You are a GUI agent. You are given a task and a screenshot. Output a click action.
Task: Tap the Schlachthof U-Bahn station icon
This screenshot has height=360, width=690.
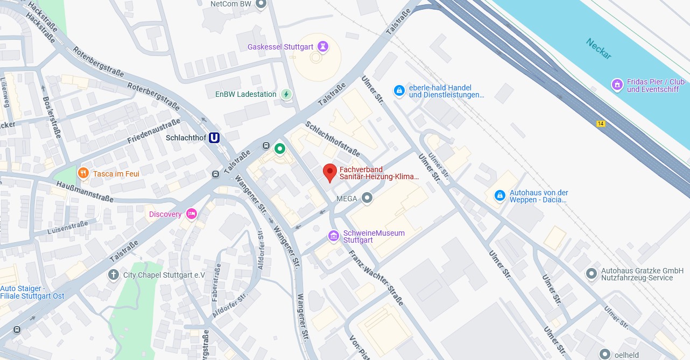click(x=214, y=138)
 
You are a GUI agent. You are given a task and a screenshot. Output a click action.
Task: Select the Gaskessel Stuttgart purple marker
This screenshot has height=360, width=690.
click(x=322, y=47)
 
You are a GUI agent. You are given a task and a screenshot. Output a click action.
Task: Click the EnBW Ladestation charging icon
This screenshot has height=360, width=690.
click(x=286, y=94)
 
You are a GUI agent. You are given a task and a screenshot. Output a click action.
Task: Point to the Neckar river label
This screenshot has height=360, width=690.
click(x=599, y=48)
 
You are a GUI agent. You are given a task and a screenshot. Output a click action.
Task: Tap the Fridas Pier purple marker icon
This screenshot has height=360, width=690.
click(x=617, y=85)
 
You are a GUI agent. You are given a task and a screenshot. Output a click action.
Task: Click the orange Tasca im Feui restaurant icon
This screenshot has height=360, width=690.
click(x=83, y=173)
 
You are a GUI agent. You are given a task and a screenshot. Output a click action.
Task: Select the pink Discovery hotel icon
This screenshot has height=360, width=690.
click(x=191, y=214)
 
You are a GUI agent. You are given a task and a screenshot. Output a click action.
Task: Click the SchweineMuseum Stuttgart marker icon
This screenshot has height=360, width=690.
click(x=334, y=236)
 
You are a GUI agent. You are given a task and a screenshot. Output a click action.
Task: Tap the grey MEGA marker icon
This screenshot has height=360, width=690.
click(x=367, y=199)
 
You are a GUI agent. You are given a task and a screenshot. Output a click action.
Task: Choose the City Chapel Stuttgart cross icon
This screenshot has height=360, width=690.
click(x=113, y=275)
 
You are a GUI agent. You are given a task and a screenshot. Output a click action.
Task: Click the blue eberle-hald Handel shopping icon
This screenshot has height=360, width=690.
click(x=399, y=91)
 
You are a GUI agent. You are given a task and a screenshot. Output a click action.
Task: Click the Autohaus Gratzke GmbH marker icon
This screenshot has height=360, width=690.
click(x=591, y=274)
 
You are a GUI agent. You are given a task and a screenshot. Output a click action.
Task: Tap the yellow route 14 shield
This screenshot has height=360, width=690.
click(x=601, y=124)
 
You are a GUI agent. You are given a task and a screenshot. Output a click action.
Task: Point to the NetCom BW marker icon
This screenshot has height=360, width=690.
click(x=261, y=4)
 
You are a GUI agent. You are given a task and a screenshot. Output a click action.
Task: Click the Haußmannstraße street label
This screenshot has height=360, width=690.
click(x=85, y=191)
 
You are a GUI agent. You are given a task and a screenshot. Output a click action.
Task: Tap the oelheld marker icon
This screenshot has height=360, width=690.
click(x=605, y=354)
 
